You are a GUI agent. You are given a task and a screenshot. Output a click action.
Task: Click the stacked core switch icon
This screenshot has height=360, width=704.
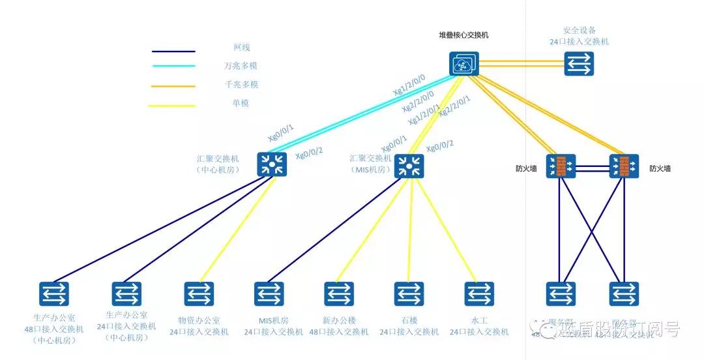click(x=463, y=63)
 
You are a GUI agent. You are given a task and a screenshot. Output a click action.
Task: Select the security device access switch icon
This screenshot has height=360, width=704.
click(x=579, y=64)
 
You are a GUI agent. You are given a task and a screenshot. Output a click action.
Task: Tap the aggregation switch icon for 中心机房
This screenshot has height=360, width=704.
click(x=272, y=164)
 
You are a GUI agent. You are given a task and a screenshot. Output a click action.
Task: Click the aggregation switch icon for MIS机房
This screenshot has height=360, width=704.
click(x=409, y=167)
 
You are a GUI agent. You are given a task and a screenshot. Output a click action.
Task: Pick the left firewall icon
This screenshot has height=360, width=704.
click(x=561, y=166)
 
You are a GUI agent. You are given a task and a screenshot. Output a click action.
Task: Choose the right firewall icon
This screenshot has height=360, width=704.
click(x=624, y=166)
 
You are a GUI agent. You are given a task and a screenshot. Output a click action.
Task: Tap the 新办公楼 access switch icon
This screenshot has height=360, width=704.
click(x=338, y=293)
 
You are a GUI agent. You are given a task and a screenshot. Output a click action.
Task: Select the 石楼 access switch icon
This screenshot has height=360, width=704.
click(x=409, y=293)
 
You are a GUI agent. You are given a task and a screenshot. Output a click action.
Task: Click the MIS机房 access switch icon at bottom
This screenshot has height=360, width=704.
click(x=268, y=293)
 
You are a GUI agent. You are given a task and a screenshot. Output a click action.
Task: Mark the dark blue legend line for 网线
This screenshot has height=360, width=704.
click(x=173, y=51)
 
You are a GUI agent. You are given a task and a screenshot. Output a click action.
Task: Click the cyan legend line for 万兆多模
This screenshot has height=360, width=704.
click(x=173, y=66)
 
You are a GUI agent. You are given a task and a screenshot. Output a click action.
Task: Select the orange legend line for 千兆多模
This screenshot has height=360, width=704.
click(x=173, y=85)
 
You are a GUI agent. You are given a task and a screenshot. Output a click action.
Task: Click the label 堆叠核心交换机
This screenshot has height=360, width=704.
click(x=463, y=35)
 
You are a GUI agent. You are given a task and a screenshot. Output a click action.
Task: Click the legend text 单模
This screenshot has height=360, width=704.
click(x=241, y=103)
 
